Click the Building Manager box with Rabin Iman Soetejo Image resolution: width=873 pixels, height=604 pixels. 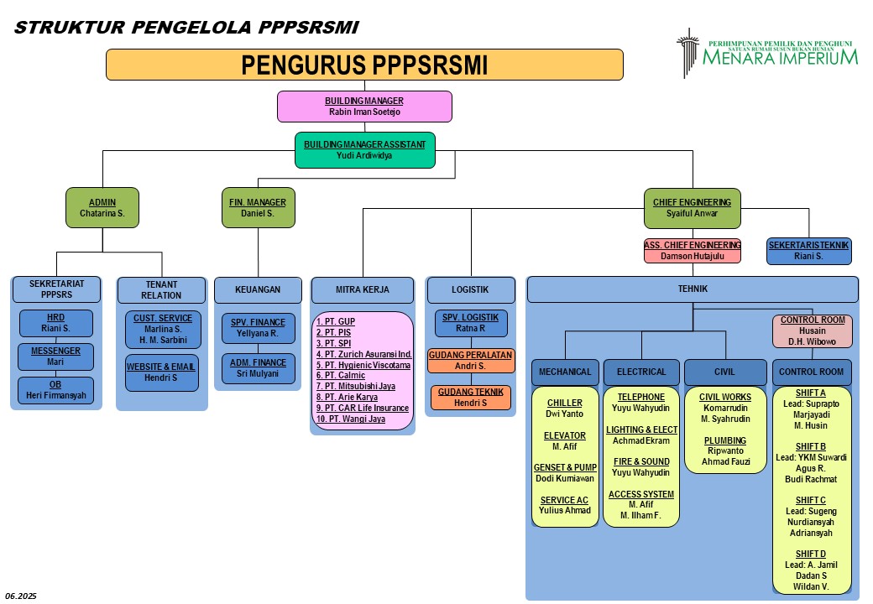pos(364,107)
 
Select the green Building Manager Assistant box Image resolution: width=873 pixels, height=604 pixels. pos(364,150)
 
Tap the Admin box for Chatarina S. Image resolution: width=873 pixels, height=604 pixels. pos(102,207)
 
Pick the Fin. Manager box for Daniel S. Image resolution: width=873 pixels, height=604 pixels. pos(258,207)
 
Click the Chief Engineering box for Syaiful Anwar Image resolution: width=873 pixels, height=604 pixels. pos(692,207)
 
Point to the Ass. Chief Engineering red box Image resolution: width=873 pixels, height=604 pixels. pos(692,250)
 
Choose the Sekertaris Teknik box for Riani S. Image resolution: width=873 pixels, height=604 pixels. pos(808,250)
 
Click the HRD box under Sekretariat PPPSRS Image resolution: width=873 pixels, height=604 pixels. pos(55,324)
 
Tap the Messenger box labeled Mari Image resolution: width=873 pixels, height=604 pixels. pos(55,357)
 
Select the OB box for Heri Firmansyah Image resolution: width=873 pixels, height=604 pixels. pos(55,390)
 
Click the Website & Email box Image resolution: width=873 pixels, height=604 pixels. pos(161,372)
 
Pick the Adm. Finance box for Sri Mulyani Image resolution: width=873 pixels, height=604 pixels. pos(258,368)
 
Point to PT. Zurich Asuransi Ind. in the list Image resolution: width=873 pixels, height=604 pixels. pos(363,354)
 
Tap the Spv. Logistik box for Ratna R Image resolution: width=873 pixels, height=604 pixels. pos(470,323)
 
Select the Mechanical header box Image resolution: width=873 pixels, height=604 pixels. pos(564,372)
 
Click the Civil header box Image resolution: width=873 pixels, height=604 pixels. pos(724,372)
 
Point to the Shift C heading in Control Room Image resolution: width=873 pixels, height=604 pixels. pos(811,500)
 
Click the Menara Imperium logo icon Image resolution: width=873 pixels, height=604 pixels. pos(687,52)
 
